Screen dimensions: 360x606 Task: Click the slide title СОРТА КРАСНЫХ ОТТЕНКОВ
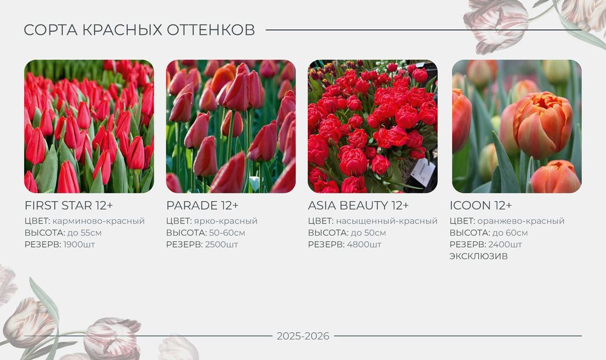(139, 30)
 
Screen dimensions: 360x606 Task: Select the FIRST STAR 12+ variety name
(68, 205)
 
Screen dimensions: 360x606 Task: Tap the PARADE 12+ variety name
(202, 205)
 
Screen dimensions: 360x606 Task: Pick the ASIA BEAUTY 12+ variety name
(358, 205)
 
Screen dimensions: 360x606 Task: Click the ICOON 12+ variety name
(481, 205)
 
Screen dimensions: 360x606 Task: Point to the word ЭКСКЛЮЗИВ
(479, 256)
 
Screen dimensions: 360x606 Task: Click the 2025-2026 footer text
(303, 336)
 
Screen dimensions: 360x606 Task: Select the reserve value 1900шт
(79, 245)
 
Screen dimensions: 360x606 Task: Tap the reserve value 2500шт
(221, 245)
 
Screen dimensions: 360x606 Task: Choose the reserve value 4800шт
(364, 245)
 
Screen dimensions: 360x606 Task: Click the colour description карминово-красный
(99, 221)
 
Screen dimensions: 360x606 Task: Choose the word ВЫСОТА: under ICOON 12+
(469, 233)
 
